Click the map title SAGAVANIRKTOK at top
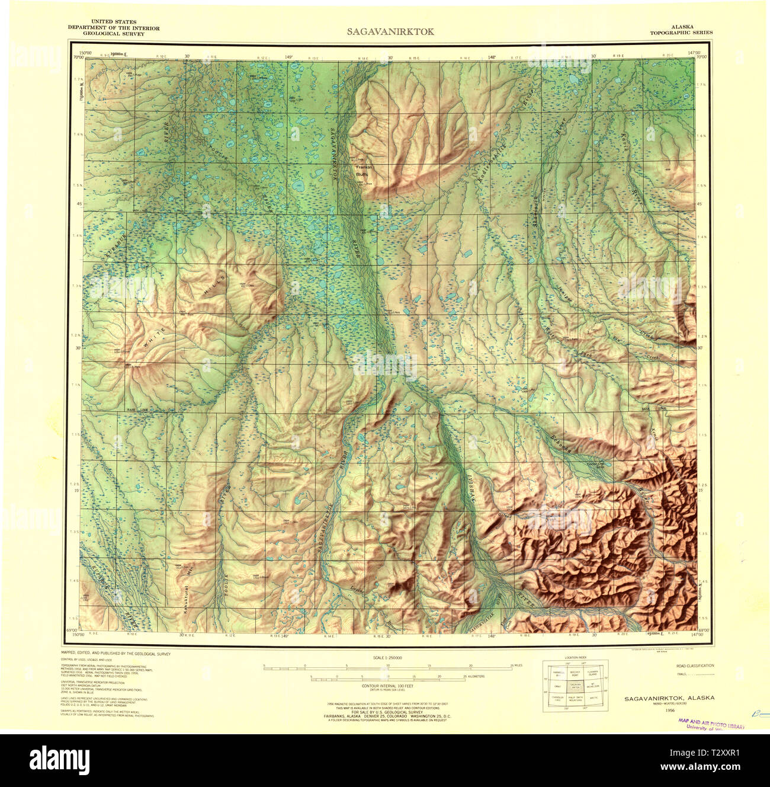[390, 31]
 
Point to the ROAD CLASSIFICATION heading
[695, 666]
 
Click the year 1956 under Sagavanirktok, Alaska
[670, 710]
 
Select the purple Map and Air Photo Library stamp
[711, 724]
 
